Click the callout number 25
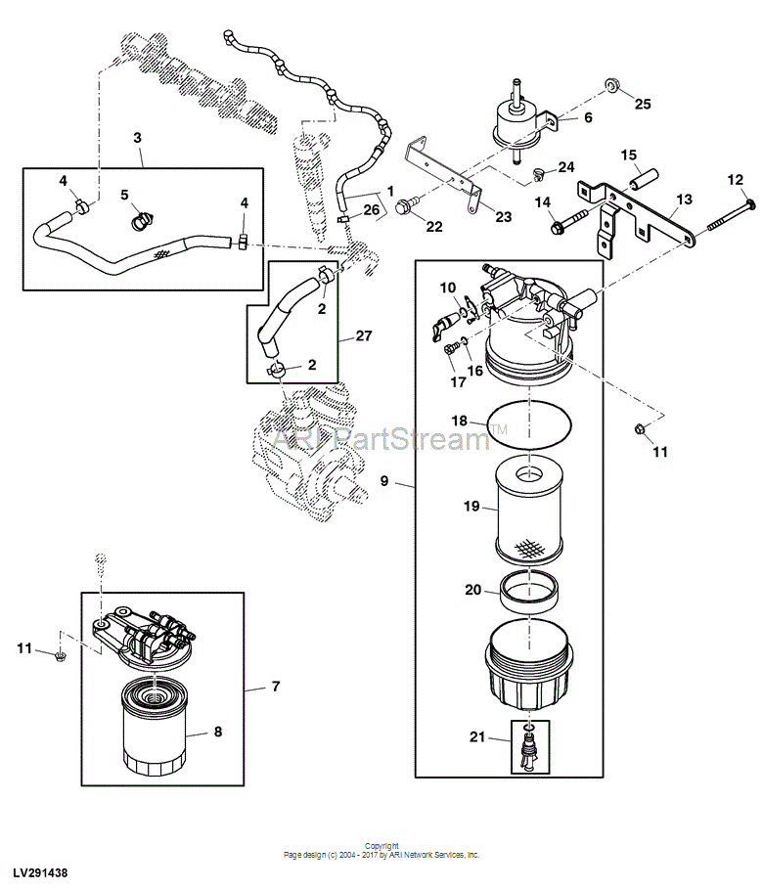pos(643,104)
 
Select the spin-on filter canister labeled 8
pos(155,729)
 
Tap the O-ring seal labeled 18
pos(529,423)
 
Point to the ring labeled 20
pos(529,593)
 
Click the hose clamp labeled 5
pos(143,220)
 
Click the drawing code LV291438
pos(41,872)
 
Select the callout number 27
pos(364,335)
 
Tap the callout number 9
pos(384,481)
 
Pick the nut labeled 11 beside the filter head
pos(639,429)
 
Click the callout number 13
pos(684,200)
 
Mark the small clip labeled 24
pos(538,174)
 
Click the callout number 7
pos(276,687)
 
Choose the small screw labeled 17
pos(451,347)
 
